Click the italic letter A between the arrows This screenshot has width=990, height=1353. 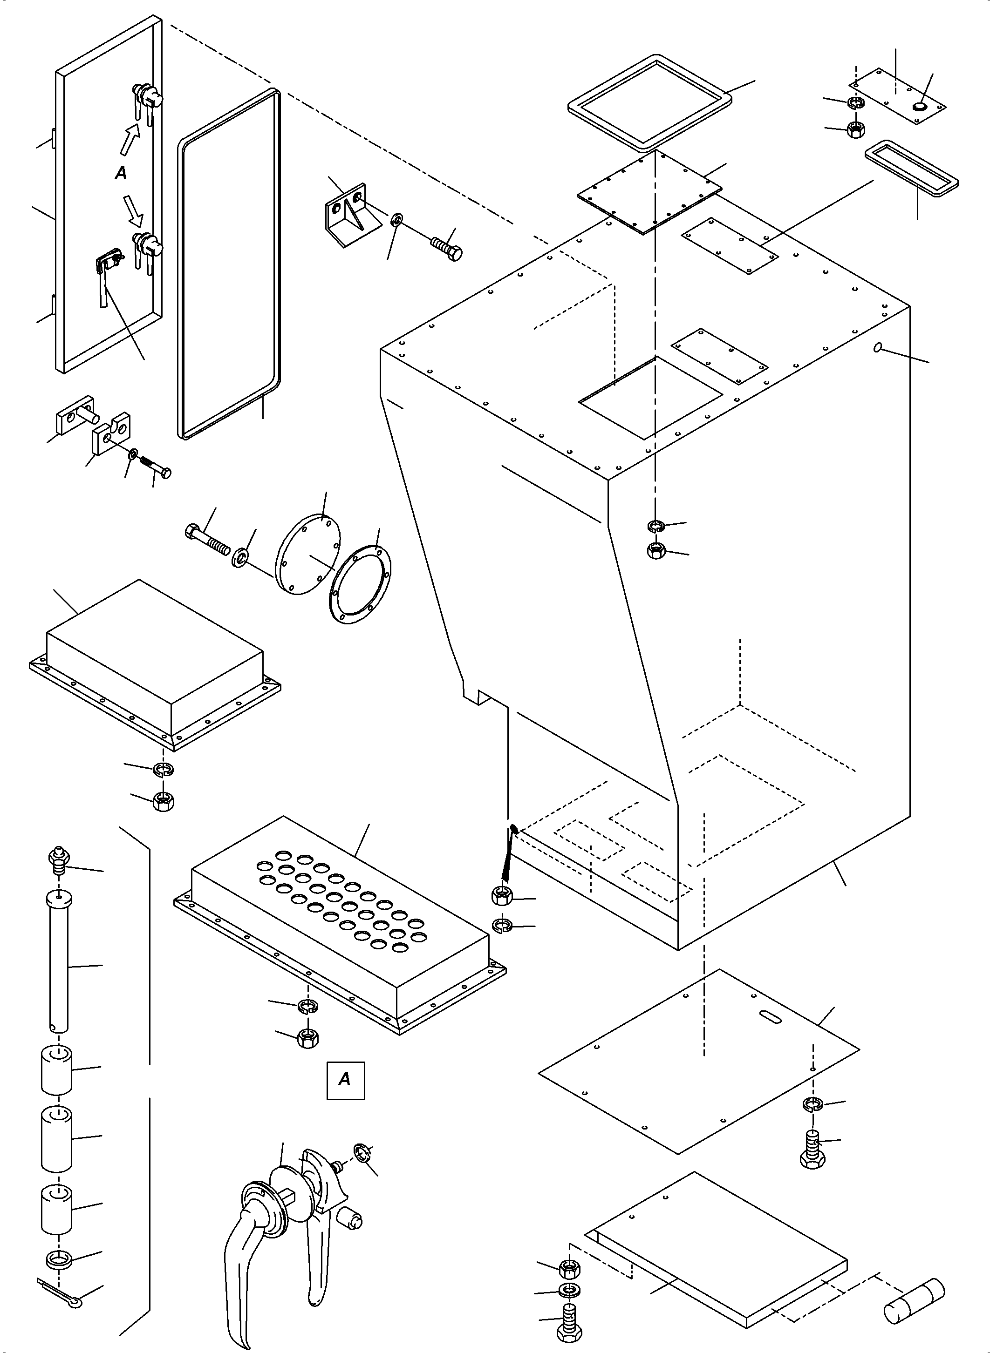[x=121, y=173]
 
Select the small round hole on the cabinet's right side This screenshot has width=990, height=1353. [x=878, y=347]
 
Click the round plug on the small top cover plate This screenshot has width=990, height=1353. [x=919, y=107]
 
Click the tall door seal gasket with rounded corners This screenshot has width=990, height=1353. [x=229, y=264]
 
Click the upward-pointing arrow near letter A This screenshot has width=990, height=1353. [x=130, y=141]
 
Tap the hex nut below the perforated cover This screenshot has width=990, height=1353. [x=307, y=1038]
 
